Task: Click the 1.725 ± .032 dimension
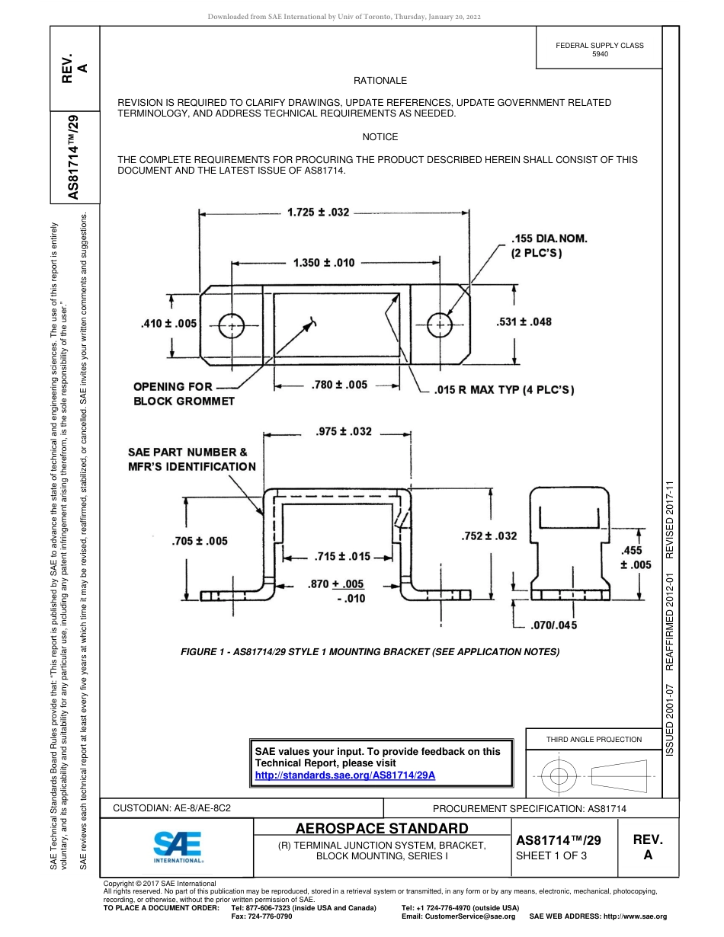(318, 213)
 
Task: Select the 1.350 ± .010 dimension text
(324, 263)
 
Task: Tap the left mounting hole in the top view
(231, 326)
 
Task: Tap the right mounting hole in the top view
(440, 325)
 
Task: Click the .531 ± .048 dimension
(524, 321)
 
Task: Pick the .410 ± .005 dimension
(169, 324)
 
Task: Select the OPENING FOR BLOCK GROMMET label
(184, 393)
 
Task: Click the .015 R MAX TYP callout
(504, 390)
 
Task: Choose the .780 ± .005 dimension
(339, 385)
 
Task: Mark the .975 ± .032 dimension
(343, 432)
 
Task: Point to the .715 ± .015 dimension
(342, 556)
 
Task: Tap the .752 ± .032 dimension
(489, 536)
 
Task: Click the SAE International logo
(178, 846)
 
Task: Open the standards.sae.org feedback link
(344, 774)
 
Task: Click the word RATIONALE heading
(380, 81)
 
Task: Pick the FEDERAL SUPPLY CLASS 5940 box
(600, 50)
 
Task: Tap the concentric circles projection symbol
(559, 776)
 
